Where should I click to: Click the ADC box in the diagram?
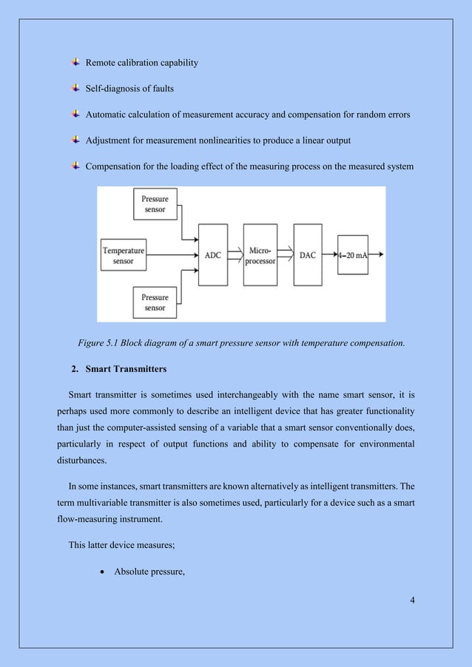pos(212,255)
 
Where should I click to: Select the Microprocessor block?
pos(262,255)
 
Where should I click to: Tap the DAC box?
pos(308,255)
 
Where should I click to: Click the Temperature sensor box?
pos(123,255)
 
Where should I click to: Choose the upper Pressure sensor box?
pos(155,203)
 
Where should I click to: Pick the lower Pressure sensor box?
pos(155,302)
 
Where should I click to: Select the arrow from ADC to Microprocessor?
pos(236,255)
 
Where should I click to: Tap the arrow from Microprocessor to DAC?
pos(286,255)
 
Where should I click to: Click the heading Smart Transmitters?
pos(125,368)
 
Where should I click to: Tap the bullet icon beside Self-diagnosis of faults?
pos(76,89)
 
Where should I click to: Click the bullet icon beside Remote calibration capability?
pos(76,63)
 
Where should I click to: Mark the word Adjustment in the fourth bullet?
pos(110,140)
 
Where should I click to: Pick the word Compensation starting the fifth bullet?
pos(116,166)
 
